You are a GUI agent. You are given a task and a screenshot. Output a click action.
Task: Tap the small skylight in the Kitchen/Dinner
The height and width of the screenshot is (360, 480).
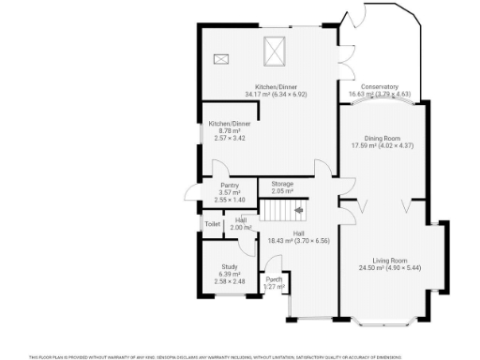click(x=221, y=59)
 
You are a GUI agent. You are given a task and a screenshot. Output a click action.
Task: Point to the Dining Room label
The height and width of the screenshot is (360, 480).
click(x=381, y=138)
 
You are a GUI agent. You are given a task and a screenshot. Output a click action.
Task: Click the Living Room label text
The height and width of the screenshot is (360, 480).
click(x=389, y=260)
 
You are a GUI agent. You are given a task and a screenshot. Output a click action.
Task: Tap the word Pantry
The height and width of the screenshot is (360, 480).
click(x=229, y=186)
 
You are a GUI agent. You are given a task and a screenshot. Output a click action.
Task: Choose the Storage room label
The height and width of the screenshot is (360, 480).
click(x=282, y=183)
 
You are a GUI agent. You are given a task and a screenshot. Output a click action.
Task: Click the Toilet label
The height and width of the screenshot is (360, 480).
click(x=212, y=223)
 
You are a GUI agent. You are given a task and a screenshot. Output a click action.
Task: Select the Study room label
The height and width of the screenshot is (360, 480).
click(x=229, y=267)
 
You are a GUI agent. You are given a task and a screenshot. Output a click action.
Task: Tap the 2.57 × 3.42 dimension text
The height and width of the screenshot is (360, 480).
click(x=229, y=138)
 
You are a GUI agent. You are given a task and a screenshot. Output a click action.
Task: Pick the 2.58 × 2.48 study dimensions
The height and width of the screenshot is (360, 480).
click(x=229, y=281)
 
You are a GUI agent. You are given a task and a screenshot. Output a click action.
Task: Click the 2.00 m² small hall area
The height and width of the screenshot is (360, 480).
click(x=241, y=228)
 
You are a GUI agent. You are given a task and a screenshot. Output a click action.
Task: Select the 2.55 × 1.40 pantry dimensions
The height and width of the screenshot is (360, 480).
click(x=229, y=200)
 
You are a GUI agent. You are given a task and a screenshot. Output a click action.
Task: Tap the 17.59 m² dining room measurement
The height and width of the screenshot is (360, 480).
click(x=381, y=145)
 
